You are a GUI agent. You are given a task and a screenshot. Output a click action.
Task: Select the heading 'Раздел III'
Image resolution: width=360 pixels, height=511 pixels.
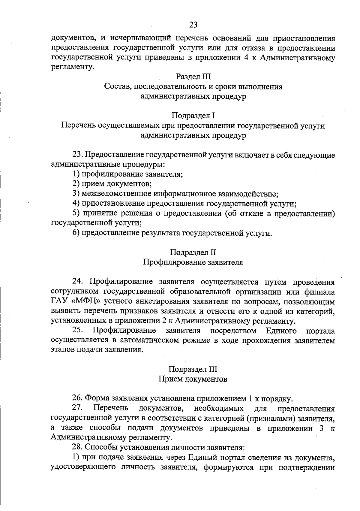[193, 77]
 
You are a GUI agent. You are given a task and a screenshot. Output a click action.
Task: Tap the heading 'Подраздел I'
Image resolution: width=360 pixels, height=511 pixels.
[193, 116]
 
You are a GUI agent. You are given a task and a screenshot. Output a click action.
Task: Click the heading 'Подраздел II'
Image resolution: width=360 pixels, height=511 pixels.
[193, 252]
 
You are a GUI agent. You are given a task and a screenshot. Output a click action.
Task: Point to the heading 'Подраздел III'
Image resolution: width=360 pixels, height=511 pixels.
[193, 369]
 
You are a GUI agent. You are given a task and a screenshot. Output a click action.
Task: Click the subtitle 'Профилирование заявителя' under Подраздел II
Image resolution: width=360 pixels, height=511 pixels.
[193, 262]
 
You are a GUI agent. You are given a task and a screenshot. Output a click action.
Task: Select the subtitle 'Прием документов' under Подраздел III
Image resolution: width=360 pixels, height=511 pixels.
[193, 379]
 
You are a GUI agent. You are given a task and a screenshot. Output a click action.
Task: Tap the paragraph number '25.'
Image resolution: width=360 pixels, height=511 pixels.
[78, 331]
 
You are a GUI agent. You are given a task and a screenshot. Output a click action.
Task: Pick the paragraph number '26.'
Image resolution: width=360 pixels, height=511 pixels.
[78, 399]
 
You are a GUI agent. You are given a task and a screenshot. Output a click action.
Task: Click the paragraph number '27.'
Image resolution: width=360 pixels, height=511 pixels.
[78, 408]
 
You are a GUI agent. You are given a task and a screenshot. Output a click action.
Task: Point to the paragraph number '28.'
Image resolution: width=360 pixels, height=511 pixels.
[78, 447]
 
